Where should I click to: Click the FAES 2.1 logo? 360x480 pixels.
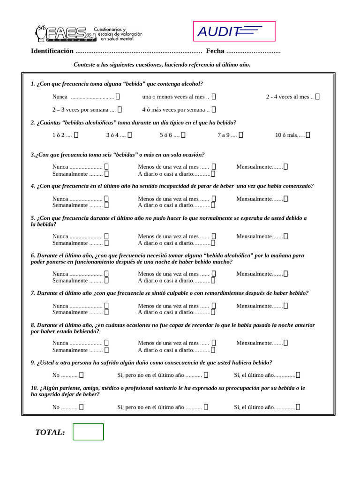88,33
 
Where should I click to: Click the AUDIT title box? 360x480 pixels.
234,31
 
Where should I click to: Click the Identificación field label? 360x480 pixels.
52,51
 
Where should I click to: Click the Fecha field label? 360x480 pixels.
215,51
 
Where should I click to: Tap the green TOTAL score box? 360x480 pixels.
88,432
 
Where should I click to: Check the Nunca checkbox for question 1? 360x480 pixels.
118,97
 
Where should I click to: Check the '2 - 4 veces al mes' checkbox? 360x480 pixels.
317,97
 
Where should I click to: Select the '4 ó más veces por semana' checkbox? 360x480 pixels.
214,110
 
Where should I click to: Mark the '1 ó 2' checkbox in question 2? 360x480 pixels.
76,135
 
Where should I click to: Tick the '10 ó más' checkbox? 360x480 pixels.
307,135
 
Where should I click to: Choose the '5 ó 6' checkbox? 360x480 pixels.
183,135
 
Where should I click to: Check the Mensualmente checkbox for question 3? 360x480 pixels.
285,166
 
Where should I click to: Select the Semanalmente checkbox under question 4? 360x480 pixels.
106,205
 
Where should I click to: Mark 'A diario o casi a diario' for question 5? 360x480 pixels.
213,243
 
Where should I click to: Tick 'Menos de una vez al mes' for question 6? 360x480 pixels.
214,274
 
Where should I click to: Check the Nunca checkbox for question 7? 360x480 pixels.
106,306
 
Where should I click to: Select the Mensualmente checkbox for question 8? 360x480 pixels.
285,343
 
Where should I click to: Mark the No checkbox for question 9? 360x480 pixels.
81,375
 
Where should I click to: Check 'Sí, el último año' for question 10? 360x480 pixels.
298,407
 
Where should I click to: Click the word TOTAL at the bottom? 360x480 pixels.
50,432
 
